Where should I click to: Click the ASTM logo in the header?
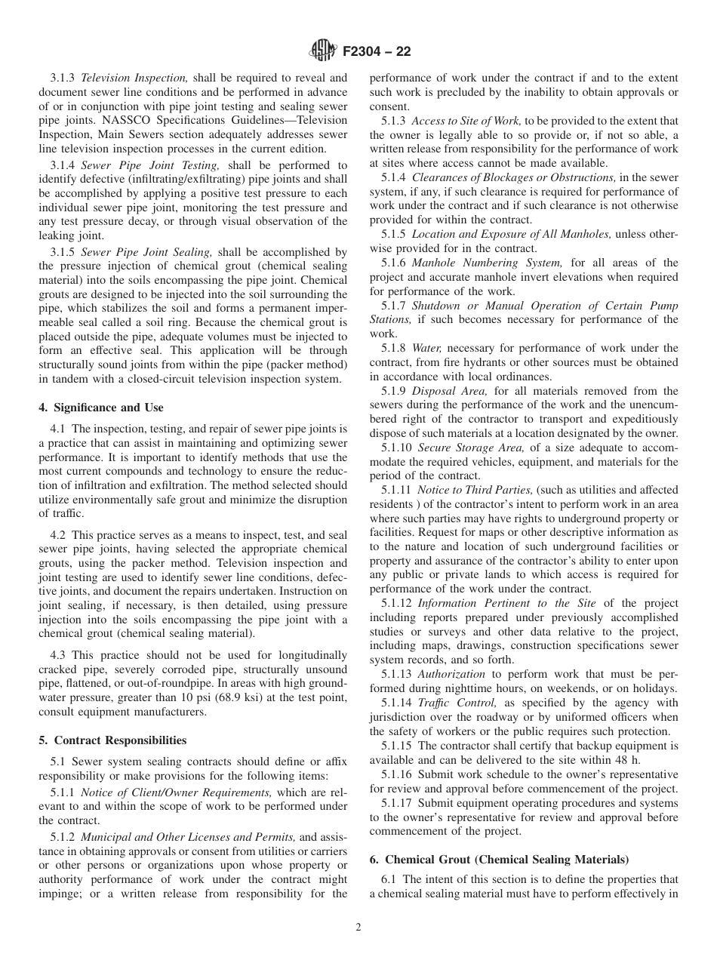(323, 52)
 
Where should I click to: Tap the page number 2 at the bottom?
(358, 928)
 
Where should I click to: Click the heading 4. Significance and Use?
(101, 408)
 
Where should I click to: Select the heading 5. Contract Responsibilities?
(112, 740)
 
